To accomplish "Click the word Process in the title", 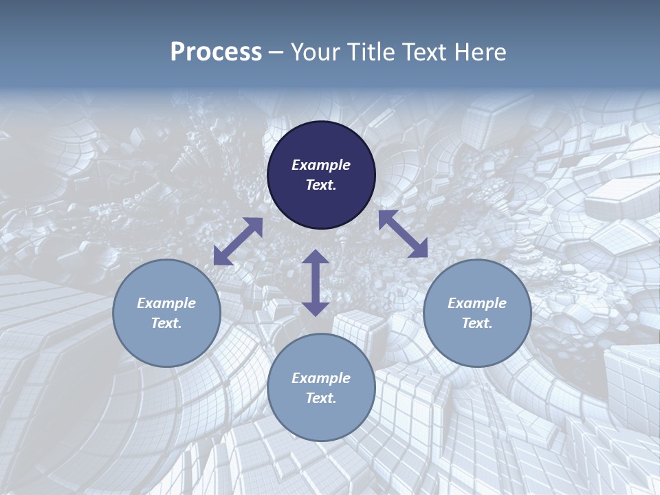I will (x=216, y=52).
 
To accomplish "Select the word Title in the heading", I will (x=375, y=52).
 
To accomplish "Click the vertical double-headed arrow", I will (x=316, y=283).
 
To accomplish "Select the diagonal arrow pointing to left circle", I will (x=238, y=241).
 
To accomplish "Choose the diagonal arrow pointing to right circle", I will (x=403, y=234).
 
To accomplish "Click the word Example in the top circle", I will (x=321, y=165).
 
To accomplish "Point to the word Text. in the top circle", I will (x=321, y=185).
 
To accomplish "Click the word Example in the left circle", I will (x=166, y=303).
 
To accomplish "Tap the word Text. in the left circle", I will (x=166, y=323).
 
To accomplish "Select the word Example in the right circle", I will (x=477, y=303).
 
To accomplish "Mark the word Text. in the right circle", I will (x=477, y=323).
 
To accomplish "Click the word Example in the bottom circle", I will (x=321, y=378).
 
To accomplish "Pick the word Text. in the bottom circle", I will (x=321, y=398).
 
